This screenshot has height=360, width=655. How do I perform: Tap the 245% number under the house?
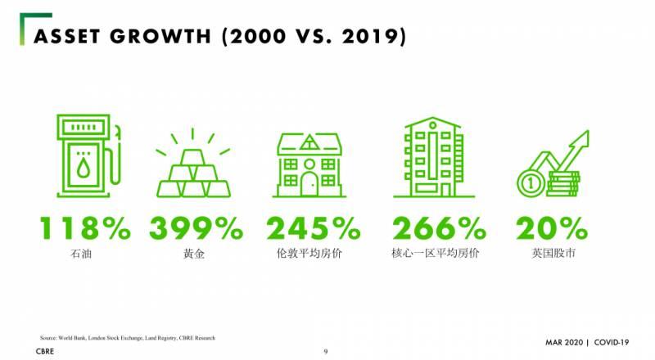(313, 228)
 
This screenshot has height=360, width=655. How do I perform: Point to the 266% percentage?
(436, 228)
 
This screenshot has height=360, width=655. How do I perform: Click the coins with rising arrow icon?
(552, 161)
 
